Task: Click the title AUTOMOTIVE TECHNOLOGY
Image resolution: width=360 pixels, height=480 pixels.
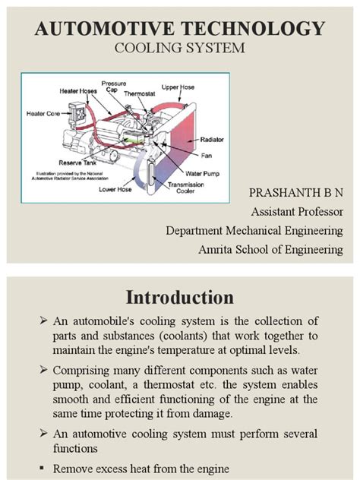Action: coord(180,30)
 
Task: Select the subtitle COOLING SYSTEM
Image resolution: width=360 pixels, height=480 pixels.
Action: coord(180,49)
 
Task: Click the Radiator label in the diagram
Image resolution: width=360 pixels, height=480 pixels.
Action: coord(212,140)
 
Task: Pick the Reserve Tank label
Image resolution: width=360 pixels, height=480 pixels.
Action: coord(75,163)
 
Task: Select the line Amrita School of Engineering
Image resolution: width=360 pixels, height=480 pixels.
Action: coord(270,249)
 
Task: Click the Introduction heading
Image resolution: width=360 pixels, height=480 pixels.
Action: coord(180,296)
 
